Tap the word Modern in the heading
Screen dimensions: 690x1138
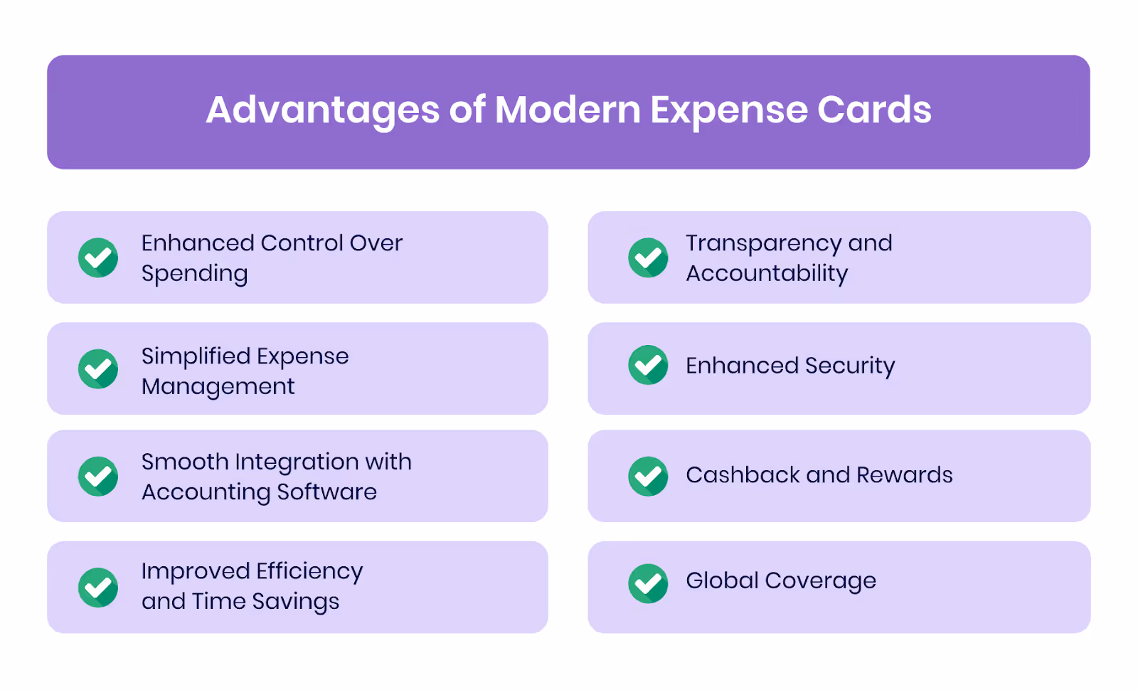point(568,110)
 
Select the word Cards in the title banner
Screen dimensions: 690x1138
point(874,110)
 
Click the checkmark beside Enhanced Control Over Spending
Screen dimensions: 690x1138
point(98,258)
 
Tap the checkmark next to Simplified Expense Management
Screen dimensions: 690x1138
point(98,369)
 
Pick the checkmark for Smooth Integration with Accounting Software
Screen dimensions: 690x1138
point(98,476)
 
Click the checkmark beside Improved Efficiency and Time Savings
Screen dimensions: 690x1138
point(98,588)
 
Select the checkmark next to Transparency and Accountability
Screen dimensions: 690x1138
point(648,258)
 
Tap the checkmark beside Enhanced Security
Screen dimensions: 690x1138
point(648,365)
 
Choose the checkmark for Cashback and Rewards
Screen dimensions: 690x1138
point(648,476)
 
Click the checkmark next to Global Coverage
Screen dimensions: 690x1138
point(648,583)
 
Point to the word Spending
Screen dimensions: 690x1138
point(194,274)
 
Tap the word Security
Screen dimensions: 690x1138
point(850,366)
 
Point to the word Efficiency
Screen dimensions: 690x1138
point(309,571)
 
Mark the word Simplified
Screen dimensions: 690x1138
point(195,356)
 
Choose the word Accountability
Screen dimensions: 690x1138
point(767,273)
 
